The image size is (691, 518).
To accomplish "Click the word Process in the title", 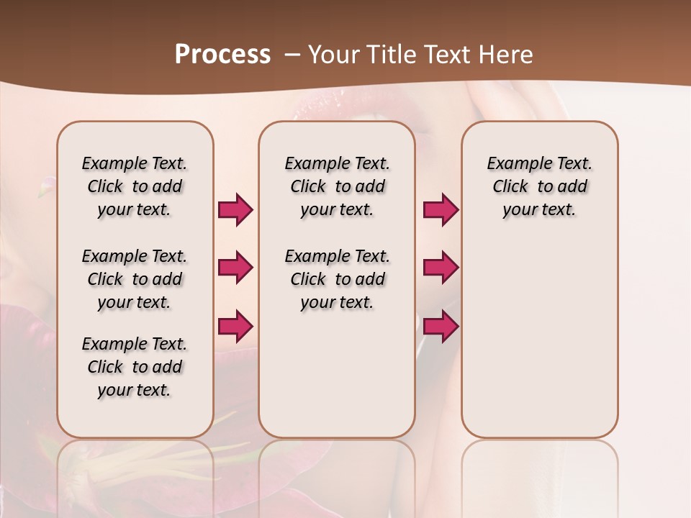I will [x=222, y=55].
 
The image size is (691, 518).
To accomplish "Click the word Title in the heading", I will [x=389, y=55].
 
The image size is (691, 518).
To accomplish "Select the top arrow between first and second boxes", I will [x=235, y=209].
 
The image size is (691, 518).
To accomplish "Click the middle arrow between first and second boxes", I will [x=235, y=268].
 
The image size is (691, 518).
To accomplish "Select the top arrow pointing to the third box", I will [x=441, y=209].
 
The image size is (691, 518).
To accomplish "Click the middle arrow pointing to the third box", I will [x=441, y=268].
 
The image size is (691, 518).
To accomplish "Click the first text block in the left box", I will [x=135, y=186].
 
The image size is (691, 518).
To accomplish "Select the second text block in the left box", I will [x=135, y=279].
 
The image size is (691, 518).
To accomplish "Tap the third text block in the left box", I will [x=135, y=367].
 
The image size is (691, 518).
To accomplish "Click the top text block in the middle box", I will [x=337, y=186].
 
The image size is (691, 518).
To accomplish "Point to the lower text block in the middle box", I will [x=337, y=279].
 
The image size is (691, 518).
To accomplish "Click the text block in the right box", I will [x=539, y=186].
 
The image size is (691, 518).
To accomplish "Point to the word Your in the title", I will [x=334, y=55].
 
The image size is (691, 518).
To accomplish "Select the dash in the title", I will [x=292, y=55].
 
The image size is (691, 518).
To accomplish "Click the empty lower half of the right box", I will [x=539, y=345].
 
